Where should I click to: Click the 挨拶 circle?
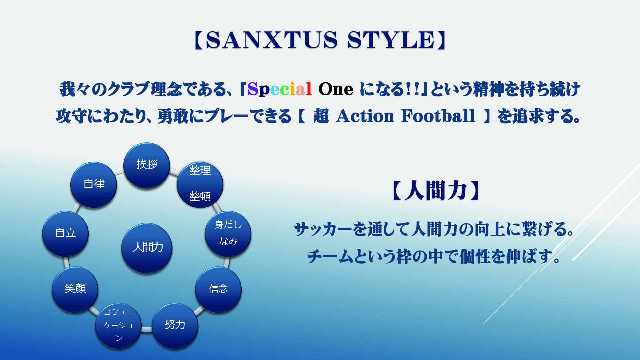point(147,166)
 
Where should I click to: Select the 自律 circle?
point(94,185)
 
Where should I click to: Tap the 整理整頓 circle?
point(200,185)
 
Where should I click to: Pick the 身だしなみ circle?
point(228,234)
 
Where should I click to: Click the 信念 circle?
point(218,290)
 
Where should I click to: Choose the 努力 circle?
point(175,326)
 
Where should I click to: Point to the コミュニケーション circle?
point(118,326)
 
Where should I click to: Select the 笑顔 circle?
point(75,290)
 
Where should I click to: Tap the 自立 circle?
point(65,234)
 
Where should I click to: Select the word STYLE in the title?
point(391,40)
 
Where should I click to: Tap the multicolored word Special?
point(280,89)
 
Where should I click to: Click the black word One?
point(336,89)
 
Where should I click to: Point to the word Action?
point(365,116)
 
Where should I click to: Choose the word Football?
point(438,116)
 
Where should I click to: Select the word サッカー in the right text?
point(323,229)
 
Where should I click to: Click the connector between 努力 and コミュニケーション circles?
point(147,329)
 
